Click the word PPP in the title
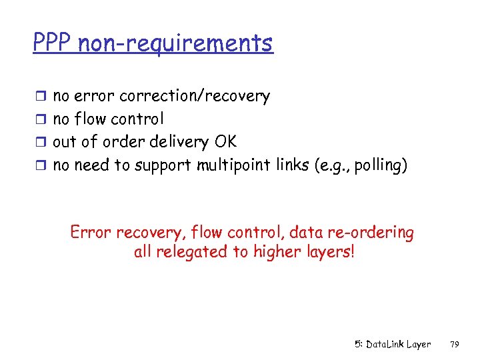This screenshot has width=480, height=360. point(53,43)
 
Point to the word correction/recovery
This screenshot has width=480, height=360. point(194,96)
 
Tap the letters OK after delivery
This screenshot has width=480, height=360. point(225,142)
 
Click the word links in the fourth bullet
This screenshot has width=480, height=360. point(292,165)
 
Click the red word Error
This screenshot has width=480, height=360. point(91,233)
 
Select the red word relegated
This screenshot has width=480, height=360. point(191,253)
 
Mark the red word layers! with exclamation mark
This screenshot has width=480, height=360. point(327,253)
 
